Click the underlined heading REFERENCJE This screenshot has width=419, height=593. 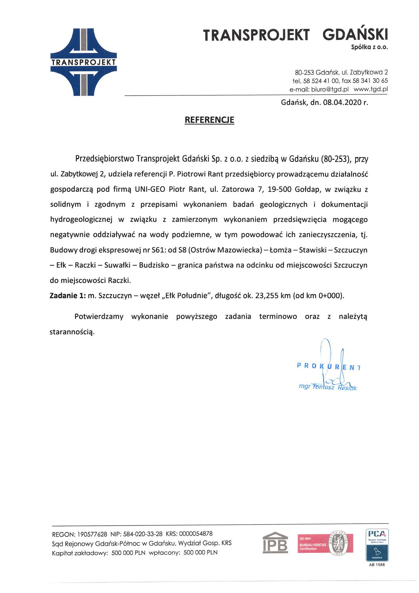click(209, 120)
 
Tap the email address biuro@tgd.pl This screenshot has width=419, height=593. click(330, 89)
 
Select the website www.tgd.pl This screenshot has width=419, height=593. click(371, 89)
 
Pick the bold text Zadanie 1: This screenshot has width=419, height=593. click(68, 295)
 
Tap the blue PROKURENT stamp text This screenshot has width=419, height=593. click(329, 366)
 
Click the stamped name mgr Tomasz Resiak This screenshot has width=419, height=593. click(328, 387)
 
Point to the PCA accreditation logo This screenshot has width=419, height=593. click(377, 545)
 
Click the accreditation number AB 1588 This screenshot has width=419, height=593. click(377, 565)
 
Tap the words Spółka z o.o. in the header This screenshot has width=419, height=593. click(369, 47)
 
